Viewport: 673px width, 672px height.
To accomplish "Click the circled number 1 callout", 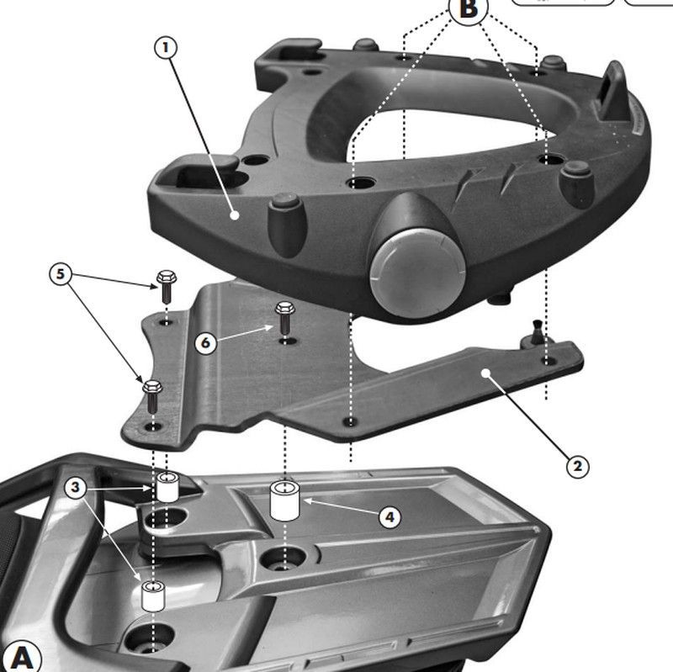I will click(x=166, y=47).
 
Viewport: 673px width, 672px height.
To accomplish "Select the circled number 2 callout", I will click(x=576, y=465).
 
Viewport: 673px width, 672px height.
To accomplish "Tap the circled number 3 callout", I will click(x=75, y=488).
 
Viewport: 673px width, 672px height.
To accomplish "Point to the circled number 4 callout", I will click(x=389, y=516).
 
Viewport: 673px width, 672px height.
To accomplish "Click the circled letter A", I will click(x=21, y=655).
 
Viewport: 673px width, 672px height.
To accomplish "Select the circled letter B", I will click(x=469, y=8).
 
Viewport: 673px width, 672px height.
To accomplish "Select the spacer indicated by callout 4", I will click(x=286, y=501).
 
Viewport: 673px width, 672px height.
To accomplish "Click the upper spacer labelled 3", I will click(x=169, y=487).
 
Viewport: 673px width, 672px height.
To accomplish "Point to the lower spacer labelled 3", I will click(x=153, y=595).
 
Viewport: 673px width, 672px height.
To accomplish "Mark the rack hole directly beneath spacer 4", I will click(x=284, y=557).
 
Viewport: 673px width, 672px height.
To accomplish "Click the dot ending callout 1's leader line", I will click(x=236, y=215).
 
